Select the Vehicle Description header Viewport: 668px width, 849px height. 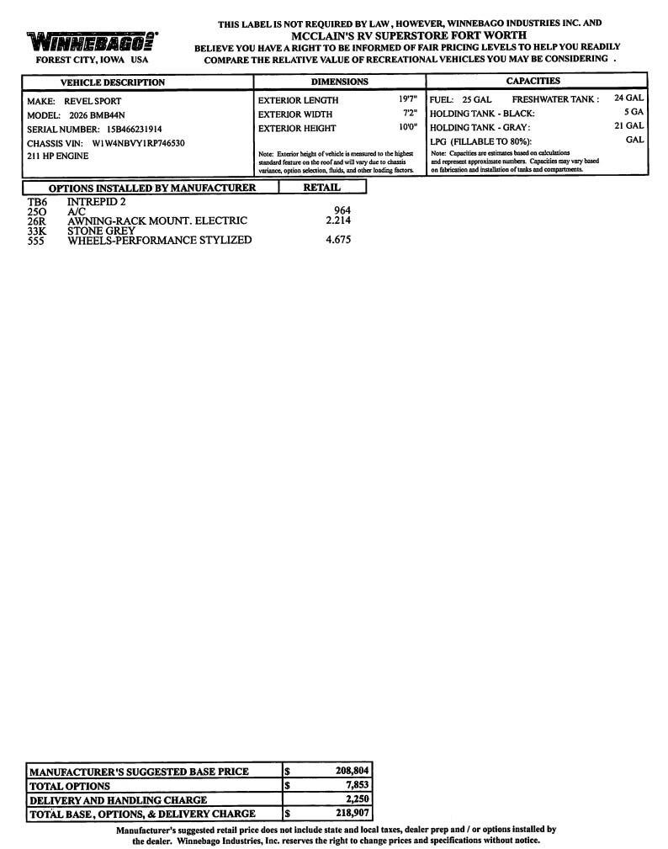112,82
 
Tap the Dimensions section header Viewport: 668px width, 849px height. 339,82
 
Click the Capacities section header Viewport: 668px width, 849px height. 533,81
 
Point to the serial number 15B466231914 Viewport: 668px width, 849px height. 134,129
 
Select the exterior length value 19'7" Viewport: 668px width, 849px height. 408,99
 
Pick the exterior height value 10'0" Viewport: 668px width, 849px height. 408,127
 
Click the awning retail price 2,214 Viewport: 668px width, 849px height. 338,220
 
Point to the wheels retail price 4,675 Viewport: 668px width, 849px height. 338,240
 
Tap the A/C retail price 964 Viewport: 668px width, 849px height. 342,211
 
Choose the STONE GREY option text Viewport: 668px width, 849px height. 101,231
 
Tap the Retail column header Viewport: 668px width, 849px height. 321,188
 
